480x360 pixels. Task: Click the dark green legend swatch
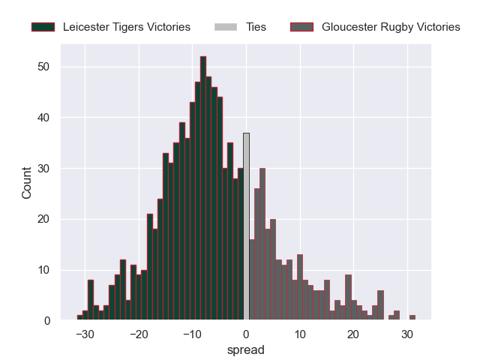click(43, 27)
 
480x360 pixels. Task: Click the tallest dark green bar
click(203, 187)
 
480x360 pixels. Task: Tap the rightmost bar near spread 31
click(412, 318)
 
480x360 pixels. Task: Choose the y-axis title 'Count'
click(27, 183)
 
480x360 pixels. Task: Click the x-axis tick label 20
click(353, 334)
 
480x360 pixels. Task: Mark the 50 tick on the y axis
click(45, 67)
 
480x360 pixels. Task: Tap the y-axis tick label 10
click(45, 270)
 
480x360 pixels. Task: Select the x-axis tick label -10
click(192, 334)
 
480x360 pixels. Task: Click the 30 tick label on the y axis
click(45, 169)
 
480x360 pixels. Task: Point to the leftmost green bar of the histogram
click(79, 318)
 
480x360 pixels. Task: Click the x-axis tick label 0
click(246, 334)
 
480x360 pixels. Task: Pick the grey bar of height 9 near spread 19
click(348, 298)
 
